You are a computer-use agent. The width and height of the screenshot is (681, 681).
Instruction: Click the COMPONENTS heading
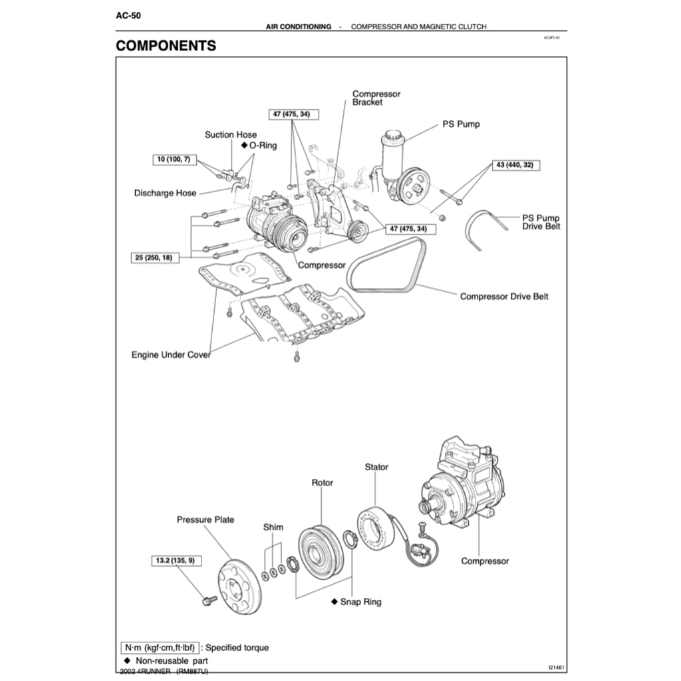pos(166,46)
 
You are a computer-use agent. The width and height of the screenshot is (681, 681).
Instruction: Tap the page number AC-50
pos(128,14)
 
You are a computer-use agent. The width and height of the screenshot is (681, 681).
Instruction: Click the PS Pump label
pos(461,124)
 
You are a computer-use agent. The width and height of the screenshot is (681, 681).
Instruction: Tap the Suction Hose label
pos(230,135)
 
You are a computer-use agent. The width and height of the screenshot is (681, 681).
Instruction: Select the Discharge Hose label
pos(165,193)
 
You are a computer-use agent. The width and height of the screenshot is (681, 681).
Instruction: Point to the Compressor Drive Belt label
pos(504,297)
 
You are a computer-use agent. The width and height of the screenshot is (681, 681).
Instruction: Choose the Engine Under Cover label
pos(171,355)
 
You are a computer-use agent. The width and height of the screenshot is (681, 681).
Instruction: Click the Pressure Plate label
pos(205,519)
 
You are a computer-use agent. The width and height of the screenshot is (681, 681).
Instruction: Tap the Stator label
pos(376,468)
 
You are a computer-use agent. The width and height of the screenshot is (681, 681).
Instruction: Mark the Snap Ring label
pos(360,602)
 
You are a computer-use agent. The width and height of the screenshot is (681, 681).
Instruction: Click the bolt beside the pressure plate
pos(206,601)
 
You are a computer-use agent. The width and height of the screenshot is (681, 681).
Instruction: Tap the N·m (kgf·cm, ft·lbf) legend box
pos(160,647)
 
